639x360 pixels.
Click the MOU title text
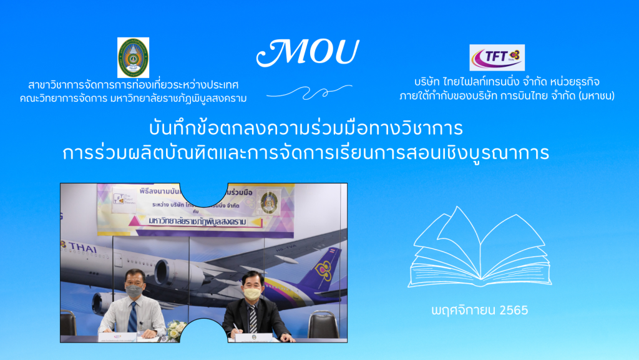coord(307,54)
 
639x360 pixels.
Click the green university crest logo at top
coord(133,57)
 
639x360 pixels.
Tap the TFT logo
coord(497,57)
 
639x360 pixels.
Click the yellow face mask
coord(252,293)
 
